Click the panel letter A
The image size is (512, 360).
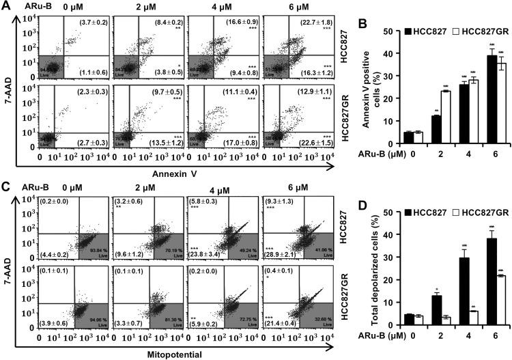[x=6, y=7]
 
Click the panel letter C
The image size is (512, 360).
[x=6, y=187]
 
